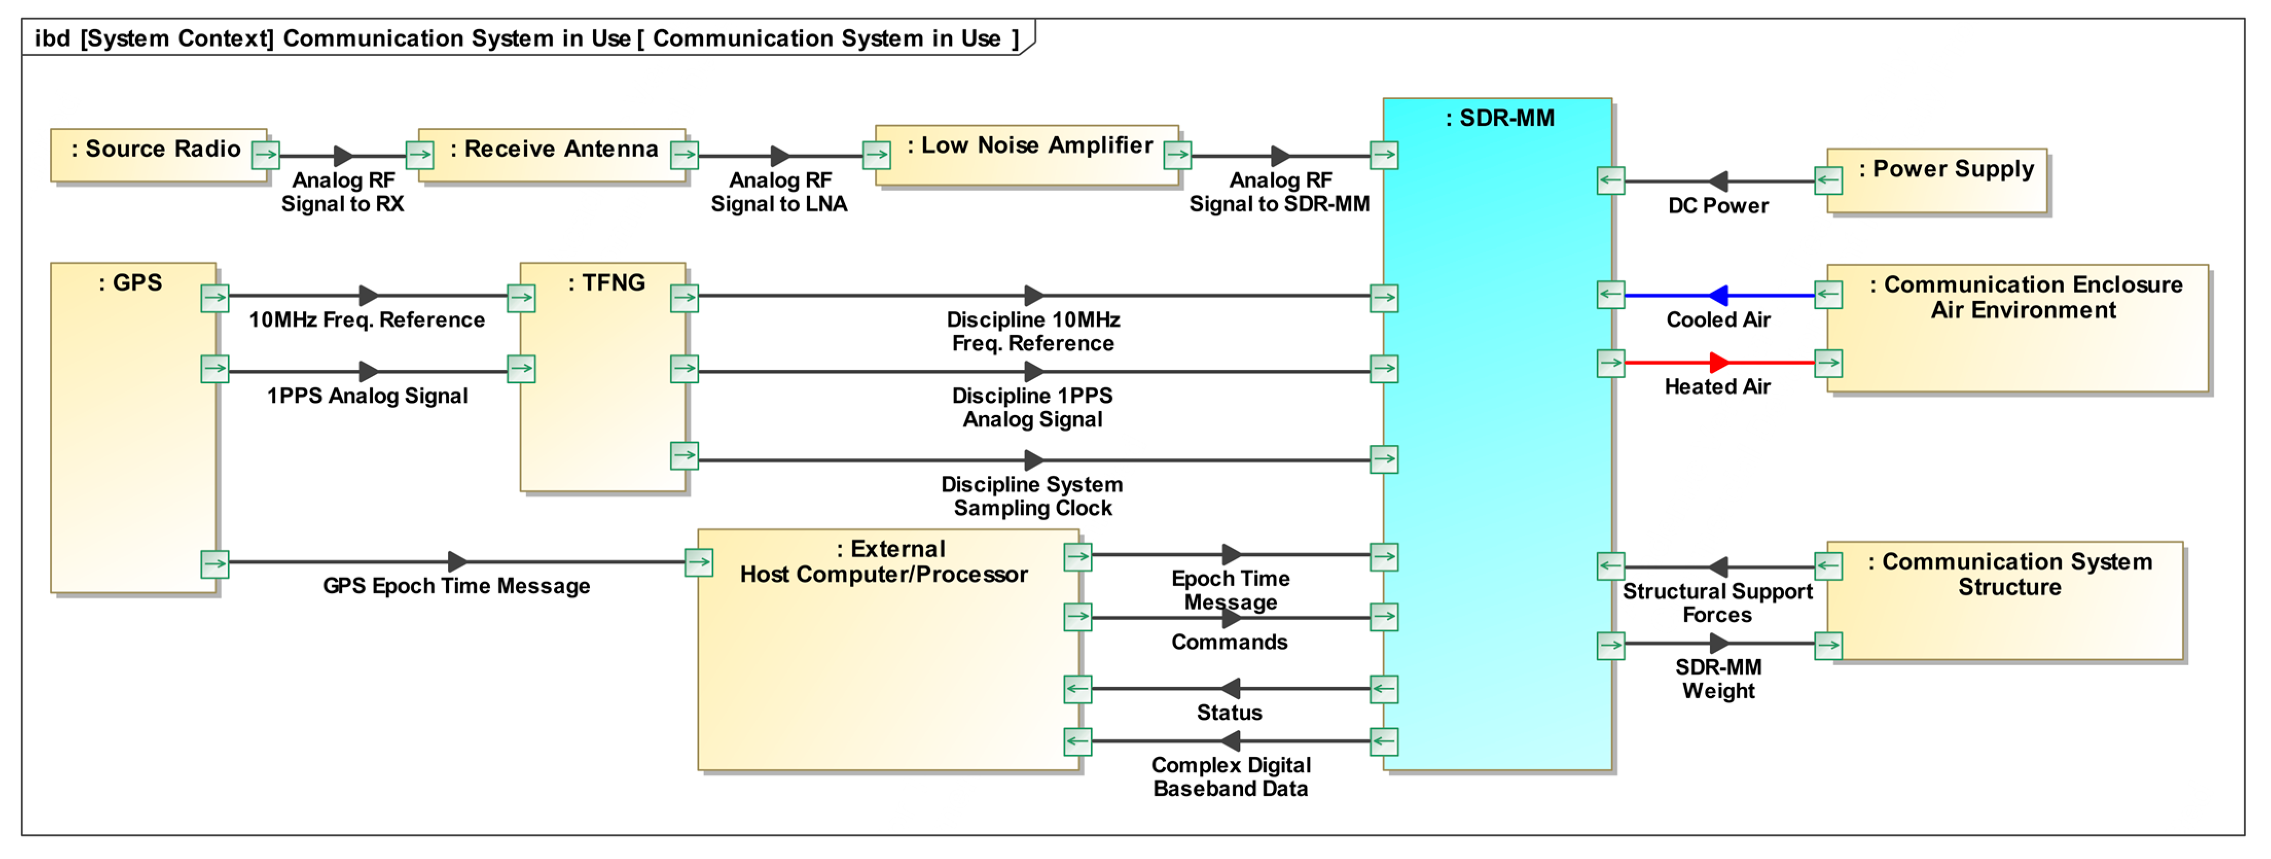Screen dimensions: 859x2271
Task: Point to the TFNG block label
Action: [606, 283]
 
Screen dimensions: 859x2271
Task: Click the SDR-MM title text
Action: [1499, 118]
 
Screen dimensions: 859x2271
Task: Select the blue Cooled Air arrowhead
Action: [1717, 295]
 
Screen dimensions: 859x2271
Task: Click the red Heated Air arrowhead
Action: [1719, 362]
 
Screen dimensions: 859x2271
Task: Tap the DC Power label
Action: [1717, 206]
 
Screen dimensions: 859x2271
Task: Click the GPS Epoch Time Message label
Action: [456, 586]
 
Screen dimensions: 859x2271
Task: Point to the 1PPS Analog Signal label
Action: [367, 396]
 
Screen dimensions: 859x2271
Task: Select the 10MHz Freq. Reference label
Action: [367, 320]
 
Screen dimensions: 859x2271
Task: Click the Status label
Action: [1229, 713]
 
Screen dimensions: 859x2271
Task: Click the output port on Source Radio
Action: [265, 155]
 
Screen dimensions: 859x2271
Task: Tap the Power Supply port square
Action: [1828, 181]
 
